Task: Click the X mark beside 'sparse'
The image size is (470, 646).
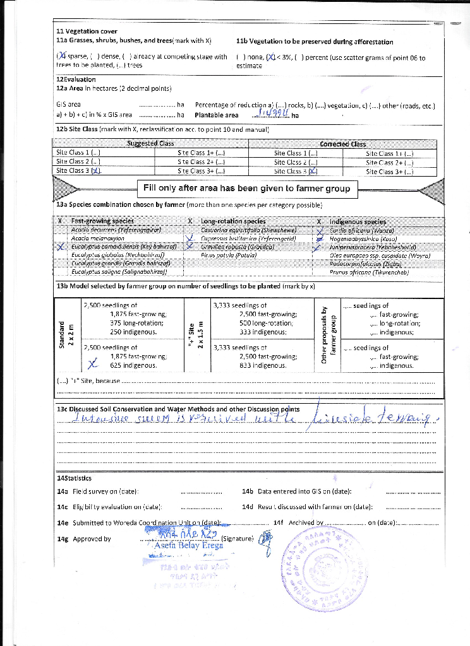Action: click(x=62, y=57)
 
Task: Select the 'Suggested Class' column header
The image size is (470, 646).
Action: click(x=150, y=143)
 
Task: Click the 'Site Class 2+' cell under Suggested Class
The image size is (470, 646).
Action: click(x=202, y=161)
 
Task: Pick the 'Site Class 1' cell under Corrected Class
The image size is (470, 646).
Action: click(x=295, y=153)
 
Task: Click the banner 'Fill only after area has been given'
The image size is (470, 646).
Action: click(x=246, y=188)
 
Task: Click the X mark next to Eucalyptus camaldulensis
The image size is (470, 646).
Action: click(x=61, y=247)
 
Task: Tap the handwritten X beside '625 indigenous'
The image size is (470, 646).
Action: click(x=93, y=364)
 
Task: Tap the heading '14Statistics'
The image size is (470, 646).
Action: click(x=74, y=479)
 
